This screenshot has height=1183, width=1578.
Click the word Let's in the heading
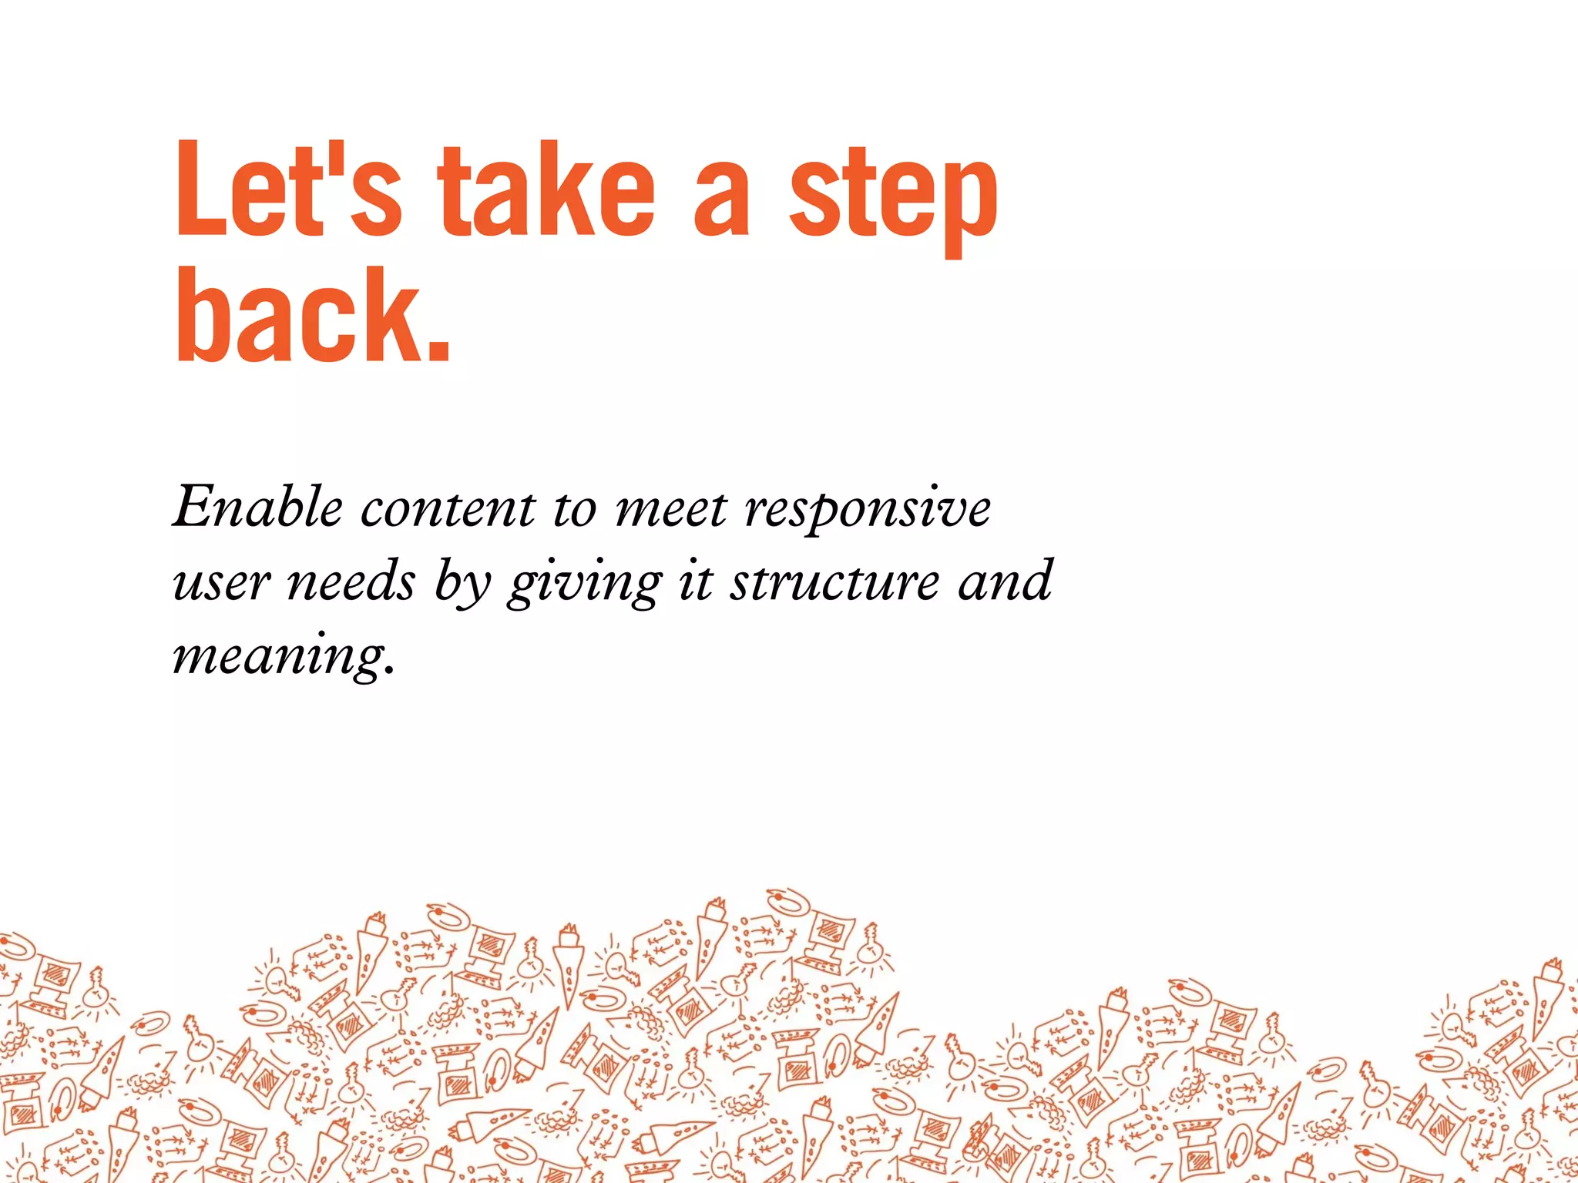click(x=288, y=189)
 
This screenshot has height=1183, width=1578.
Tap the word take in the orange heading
click(x=546, y=189)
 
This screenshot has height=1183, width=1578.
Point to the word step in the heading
click(x=893, y=196)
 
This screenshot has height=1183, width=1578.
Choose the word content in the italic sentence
click(x=448, y=509)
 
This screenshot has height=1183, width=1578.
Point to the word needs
click(x=351, y=581)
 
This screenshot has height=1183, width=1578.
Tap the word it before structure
click(x=695, y=581)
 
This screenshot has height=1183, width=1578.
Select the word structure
click(x=834, y=581)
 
